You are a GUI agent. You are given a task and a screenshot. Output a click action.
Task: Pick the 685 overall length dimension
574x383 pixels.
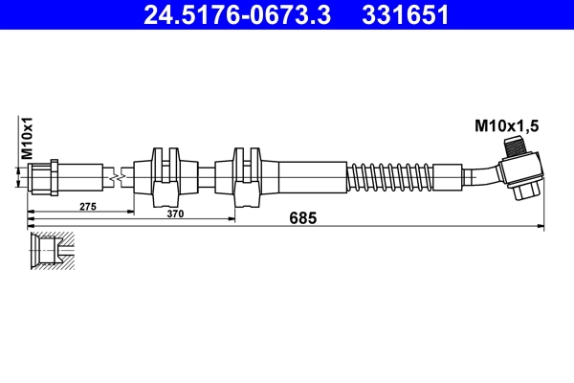tap(302, 218)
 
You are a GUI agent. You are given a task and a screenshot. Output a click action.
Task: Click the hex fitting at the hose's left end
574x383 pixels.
tap(45, 177)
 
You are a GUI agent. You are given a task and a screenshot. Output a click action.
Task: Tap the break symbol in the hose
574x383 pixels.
tap(115, 177)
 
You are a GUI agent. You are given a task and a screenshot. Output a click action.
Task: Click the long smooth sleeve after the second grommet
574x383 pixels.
tap(306, 177)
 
